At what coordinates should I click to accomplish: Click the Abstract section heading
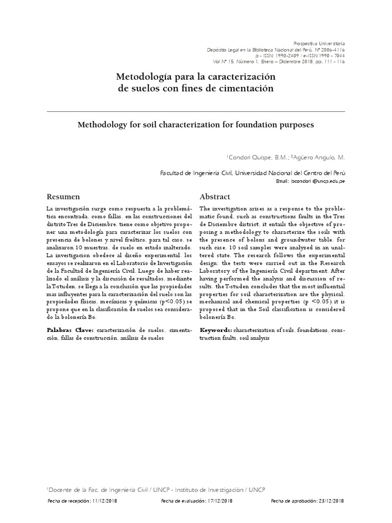click(x=214, y=197)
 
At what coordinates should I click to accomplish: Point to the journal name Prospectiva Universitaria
click(x=321, y=43)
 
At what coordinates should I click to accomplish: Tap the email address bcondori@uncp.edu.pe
click(x=317, y=181)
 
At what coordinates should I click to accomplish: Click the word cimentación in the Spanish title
click(x=246, y=89)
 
